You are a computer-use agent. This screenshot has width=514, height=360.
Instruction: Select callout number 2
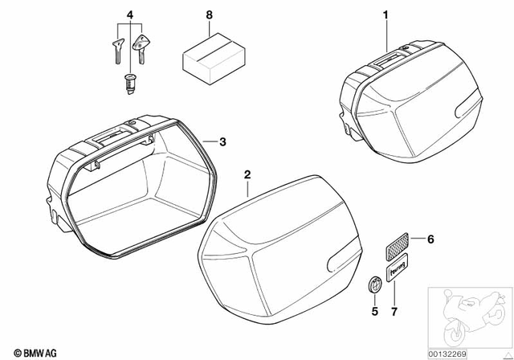pyautogui.click(x=247, y=174)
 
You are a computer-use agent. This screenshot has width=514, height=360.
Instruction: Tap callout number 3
pyautogui.click(x=222, y=142)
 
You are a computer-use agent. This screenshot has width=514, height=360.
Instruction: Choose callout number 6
pyautogui.click(x=430, y=239)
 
